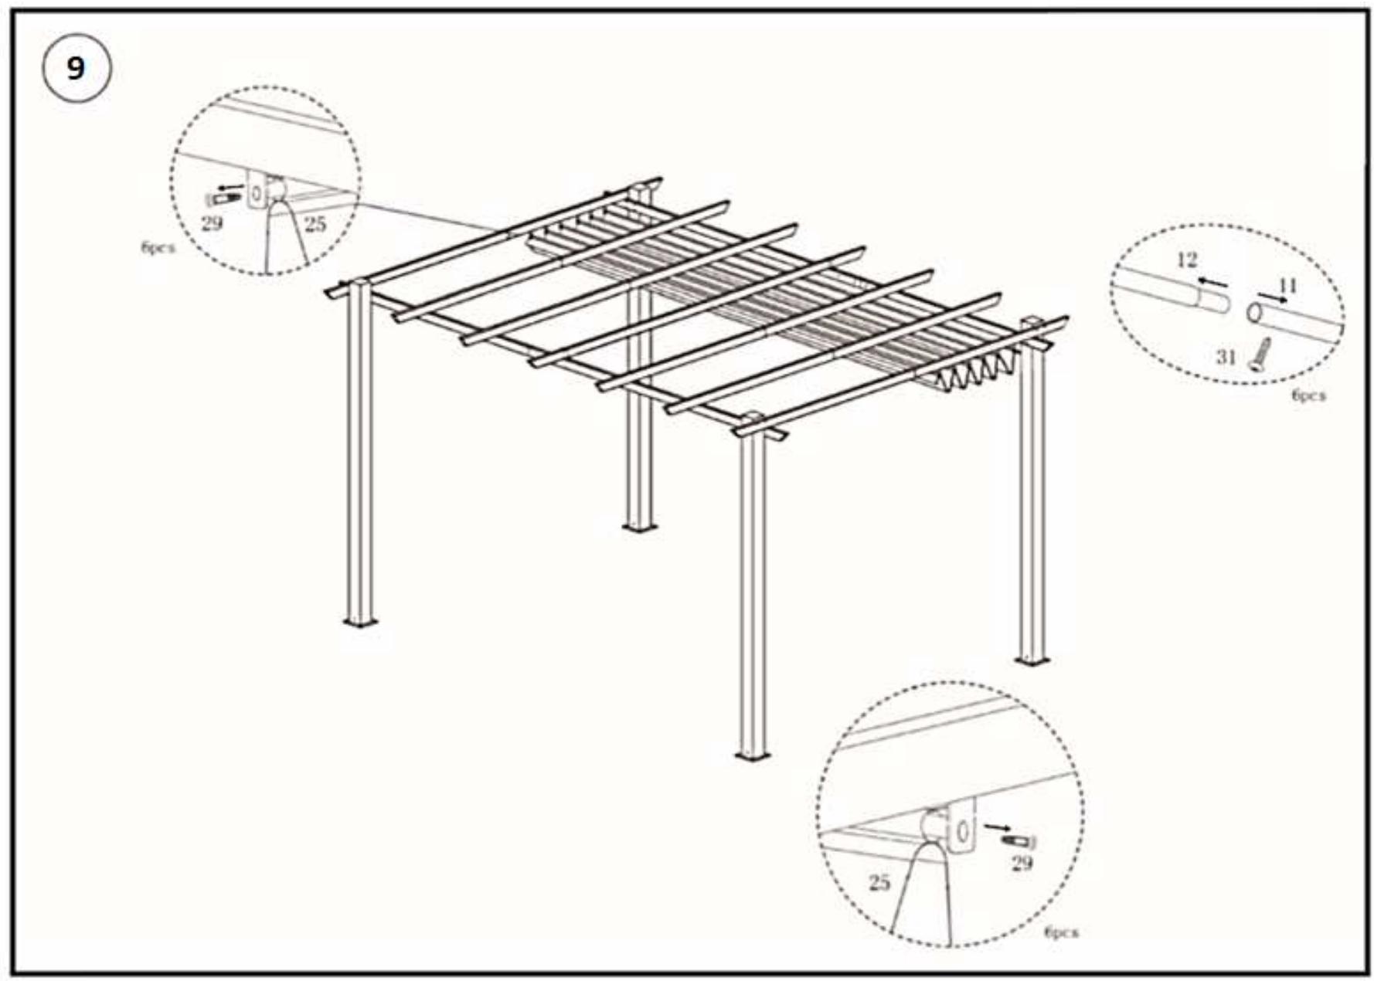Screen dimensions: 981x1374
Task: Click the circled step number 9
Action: [x=76, y=68]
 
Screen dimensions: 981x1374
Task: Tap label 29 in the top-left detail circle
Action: [x=211, y=224]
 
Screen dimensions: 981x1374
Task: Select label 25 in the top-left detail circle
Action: [x=315, y=224]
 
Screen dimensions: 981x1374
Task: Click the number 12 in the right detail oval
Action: [x=1186, y=260]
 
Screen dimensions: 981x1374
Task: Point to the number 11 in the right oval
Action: [x=1287, y=287]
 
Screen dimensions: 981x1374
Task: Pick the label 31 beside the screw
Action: [x=1226, y=357]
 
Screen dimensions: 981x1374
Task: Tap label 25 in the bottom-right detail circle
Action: [x=879, y=882]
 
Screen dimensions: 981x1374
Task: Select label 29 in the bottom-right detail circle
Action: [x=1022, y=863]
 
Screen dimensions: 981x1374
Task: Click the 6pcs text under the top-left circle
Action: [x=158, y=248]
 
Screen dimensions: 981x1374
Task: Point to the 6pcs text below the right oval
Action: [x=1308, y=395]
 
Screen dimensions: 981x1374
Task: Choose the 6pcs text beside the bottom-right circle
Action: [x=1061, y=932]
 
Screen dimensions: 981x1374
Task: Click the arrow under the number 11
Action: [x=1271, y=297]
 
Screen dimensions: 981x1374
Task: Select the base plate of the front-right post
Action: [x=752, y=754]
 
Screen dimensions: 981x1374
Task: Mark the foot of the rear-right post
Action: [x=1032, y=660]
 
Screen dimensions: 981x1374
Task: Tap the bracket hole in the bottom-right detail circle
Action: [x=962, y=831]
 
